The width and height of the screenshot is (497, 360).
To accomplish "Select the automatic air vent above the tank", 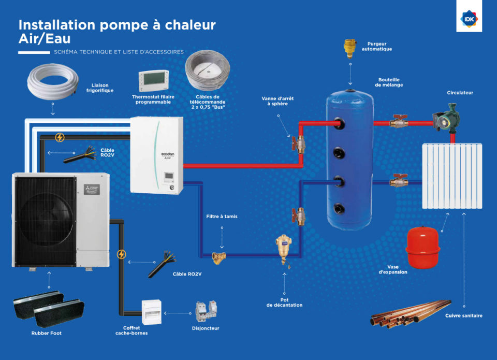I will click(350, 48).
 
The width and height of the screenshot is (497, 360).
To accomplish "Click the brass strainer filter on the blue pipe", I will click(219, 255).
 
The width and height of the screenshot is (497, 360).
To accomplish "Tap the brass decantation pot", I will click(283, 247).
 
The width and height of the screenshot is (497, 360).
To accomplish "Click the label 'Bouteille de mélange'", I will click(389, 82).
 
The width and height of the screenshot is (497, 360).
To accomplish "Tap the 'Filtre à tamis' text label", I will click(222, 217).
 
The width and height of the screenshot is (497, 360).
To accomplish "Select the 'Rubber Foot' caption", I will click(46, 333).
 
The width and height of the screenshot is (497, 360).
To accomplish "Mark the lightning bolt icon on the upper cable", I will click(60, 137).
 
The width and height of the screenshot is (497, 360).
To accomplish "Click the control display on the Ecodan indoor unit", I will click(169, 178).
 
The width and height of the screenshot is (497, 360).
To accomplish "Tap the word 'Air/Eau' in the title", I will click(45, 39).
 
